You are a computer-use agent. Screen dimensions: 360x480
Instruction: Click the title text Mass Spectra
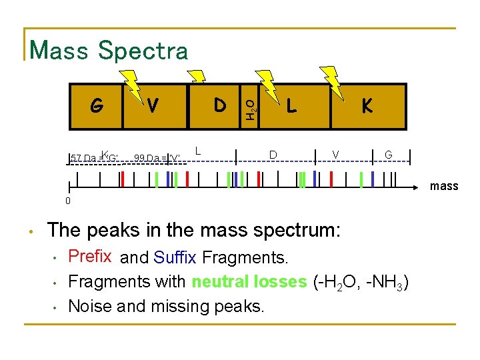pyautogui.click(x=109, y=51)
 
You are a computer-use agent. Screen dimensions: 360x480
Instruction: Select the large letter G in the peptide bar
pyautogui.click(x=97, y=106)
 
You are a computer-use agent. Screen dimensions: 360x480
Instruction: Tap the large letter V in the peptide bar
pyautogui.click(x=153, y=106)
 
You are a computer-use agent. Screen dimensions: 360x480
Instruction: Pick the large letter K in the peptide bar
pyautogui.click(x=367, y=106)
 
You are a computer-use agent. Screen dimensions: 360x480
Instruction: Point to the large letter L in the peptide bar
pyautogui.click(x=291, y=106)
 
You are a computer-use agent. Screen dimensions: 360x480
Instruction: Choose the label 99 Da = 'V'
pyautogui.click(x=157, y=158)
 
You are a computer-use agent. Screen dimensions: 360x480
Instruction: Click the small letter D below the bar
pyautogui.click(x=273, y=155)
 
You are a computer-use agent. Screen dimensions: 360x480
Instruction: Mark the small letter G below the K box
pyautogui.click(x=388, y=155)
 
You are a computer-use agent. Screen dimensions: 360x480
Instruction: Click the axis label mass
pyautogui.click(x=444, y=186)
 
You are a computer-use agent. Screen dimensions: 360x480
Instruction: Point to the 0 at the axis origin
pyautogui.click(x=68, y=201)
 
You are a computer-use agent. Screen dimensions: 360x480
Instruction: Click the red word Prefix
pyautogui.click(x=90, y=256)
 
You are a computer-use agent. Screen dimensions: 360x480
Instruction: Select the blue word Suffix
pyautogui.click(x=175, y=257)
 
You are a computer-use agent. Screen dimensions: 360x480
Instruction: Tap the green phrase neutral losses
pyautogui.click(x=249, y=281)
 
